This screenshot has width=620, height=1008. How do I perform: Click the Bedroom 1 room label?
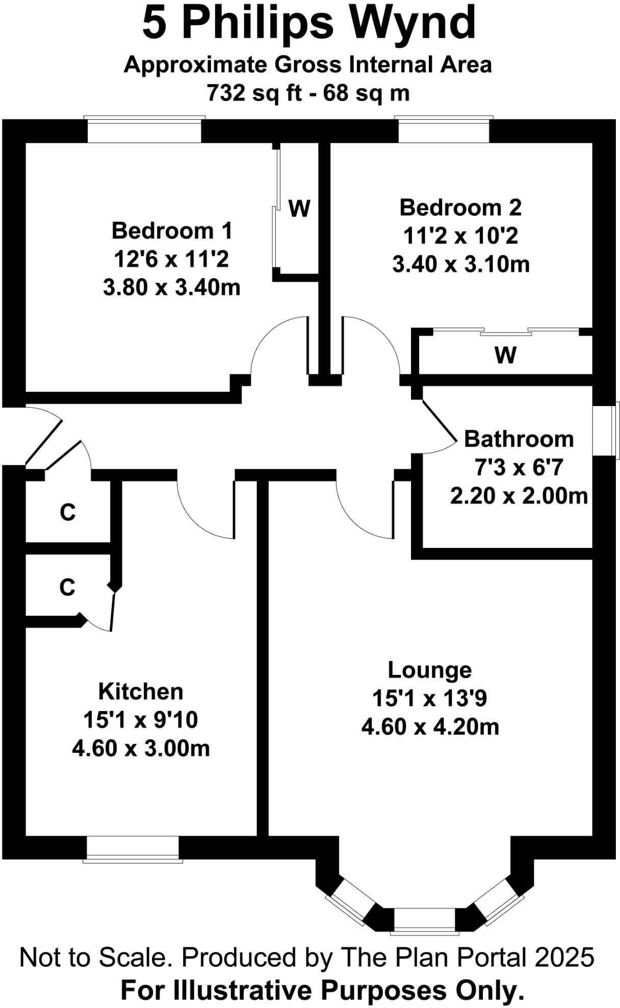[x=172, y=231]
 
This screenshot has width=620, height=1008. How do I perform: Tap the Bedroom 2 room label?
[x=460, y=208]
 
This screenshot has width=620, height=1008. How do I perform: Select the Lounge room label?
[x=429, y=670]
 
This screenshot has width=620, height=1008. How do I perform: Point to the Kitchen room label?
[x=141, y=692]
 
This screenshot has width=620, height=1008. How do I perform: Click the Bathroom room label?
[x=519, y=439]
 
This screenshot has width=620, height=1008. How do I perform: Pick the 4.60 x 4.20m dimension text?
[x=430, y=727]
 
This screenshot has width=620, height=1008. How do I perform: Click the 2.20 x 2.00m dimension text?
[x=519, y=496]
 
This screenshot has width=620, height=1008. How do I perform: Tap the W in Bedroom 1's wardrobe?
[x=299, y=209]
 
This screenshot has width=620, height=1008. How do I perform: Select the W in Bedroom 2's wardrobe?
[x=505, y=355]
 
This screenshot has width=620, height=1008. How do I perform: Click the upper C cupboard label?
[x=67, y=512]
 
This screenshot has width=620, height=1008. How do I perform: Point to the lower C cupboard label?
[x=67, y=588]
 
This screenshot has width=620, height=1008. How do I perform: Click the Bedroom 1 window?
[x=144, y=131]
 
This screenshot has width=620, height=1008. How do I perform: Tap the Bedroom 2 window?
[x=444, y=131]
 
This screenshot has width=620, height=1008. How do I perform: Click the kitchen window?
[x=133, y=848]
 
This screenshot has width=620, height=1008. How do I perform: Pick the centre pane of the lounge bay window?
[x=424, y=920]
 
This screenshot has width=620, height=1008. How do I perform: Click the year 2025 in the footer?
[x=564, y=957]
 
